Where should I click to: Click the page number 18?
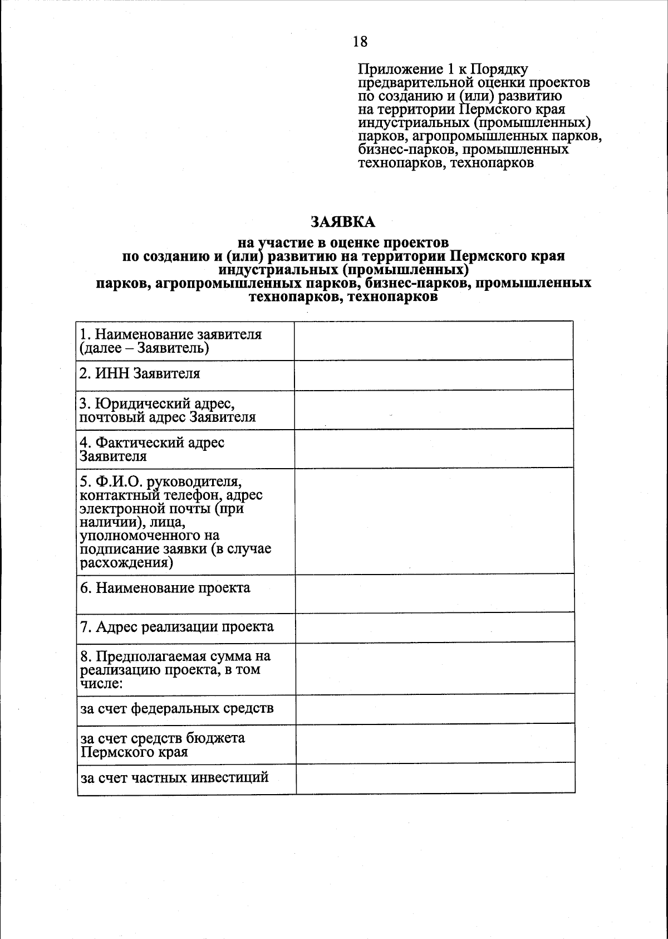click(360, 42)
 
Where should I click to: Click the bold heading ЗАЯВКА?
click(343, 222)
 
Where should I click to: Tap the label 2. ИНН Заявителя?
click(139, 373)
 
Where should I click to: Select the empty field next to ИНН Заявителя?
click(433, 374)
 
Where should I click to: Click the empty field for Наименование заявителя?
click(433, 340)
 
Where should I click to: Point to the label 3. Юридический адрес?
click(157, 403)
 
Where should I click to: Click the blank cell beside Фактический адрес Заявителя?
click(433, 449)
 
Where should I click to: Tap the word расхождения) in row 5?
click(126, 562)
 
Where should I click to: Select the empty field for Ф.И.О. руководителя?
click(433, 521)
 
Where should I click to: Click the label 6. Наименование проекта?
click(165, 588)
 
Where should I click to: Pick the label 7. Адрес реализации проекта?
click(177, 627)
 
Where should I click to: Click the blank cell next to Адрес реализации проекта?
click(434, 627)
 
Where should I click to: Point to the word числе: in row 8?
click(101, 683)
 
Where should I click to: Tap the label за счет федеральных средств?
click(177, 709)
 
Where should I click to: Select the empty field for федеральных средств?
click(434, 709)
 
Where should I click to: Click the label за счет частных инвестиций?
click(174, 777)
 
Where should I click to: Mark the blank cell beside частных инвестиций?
click(435, 778)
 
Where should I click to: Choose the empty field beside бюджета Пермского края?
click(435, 743)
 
